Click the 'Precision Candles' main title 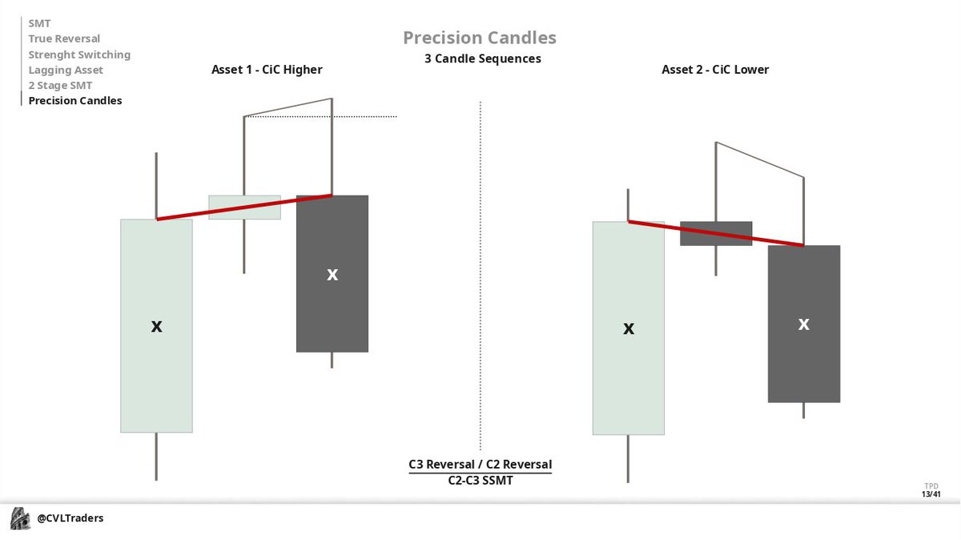[x=479, y=38]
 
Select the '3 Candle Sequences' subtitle [x=482, y=58]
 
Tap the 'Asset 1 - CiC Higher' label [x=267, y=70]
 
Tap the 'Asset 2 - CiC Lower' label [x=715, y=70]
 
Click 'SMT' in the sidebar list [x=39, y=23]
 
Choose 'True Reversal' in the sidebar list [x=64, y=38]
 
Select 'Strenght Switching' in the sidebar [x=79, y=54]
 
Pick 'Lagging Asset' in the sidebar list [x=66, y=70]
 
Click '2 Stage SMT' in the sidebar [x=60, y=85]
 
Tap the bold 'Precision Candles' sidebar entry [x=75, y=101]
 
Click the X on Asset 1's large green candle [x=157, y=326]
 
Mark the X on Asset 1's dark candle [x=332, y=275]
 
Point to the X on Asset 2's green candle [x=629, y=328]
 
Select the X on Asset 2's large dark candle [x=804, y=324]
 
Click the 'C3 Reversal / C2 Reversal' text [x=480, y=465]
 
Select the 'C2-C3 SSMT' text [x=480, y=480]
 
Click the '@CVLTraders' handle [x=70, y=518]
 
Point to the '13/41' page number [x=931, y=494]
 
